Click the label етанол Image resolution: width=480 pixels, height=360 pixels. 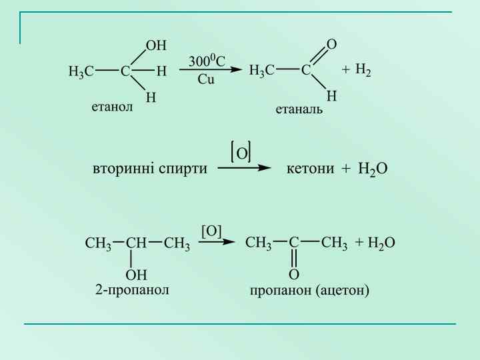pos(112,106)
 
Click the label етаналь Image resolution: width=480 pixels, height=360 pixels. pos(299,109)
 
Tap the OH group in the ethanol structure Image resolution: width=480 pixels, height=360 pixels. pos(156,45)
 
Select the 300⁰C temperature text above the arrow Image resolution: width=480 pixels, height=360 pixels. pos(207,61)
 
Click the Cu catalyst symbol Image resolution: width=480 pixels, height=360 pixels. pos(206,79)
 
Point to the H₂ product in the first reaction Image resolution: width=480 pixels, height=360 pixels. pos(363,70)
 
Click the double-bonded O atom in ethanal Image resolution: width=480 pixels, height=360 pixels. pos(331,45)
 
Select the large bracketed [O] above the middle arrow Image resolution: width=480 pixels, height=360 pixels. pos(241,153)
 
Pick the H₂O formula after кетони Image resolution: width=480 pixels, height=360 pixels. pos(372,169)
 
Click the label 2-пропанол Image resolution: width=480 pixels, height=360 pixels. pos(133,290)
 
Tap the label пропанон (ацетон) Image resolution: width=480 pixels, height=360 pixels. pos(309,291)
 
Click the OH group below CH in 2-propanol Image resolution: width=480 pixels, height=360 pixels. pos(136,274)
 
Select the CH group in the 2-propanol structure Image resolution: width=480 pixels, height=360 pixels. pos(136,243)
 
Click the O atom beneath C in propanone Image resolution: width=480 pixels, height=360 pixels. pos(293,274)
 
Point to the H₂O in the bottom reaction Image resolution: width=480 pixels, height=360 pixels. pos(381,243)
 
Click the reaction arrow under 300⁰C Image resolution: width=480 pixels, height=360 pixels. pos(207,70)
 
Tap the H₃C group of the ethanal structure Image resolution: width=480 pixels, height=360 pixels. pos(261,70)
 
